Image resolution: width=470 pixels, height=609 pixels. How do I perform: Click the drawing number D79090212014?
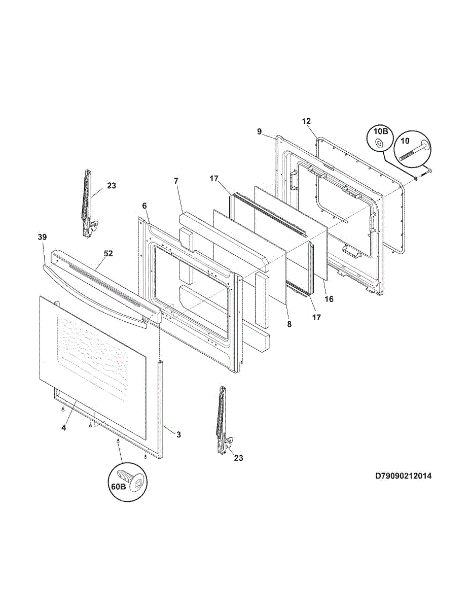point(404,476)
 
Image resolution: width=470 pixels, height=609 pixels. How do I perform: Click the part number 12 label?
point(306,121)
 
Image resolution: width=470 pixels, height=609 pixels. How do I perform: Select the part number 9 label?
point(260,131)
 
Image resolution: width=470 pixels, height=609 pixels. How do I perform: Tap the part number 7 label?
point(176,181)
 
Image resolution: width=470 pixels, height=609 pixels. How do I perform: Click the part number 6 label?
point(144,206)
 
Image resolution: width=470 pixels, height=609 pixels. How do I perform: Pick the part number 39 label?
point(42,237)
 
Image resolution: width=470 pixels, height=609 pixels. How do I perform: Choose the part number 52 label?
point(109,253)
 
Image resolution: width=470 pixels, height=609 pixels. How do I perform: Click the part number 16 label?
point(329,299)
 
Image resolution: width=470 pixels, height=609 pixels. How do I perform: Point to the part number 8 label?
point(289,324)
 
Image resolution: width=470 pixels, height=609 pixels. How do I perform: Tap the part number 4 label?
point(64,428)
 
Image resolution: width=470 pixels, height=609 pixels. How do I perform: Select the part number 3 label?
point(178,434)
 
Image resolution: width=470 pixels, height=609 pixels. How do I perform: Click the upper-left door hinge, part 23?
point(88,203)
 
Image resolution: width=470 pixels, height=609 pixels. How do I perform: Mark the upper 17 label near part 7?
point(214,179)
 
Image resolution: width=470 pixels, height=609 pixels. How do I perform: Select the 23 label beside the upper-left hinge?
point(112,186)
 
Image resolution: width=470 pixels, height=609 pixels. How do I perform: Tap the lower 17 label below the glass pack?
point(316,317)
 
